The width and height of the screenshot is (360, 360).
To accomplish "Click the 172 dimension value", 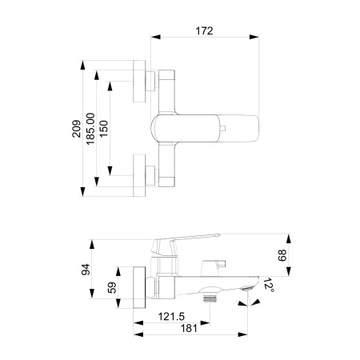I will (204, 30).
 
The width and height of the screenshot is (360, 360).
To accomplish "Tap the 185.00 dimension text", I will (92, 126).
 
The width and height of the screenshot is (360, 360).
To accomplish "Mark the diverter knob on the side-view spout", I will (214, 263).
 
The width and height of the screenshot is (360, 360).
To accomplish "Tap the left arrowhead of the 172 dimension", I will (153, 38).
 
